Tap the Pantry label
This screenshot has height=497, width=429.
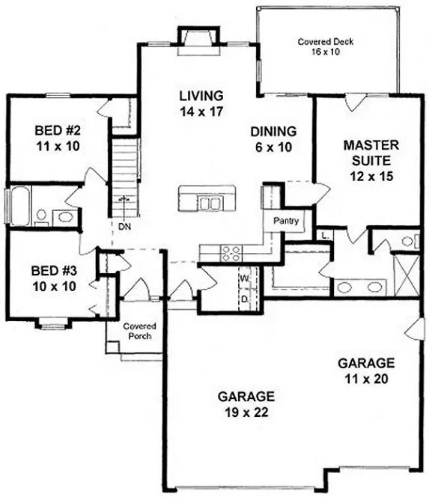[286, 221]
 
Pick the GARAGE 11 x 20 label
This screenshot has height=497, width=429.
[367, 371]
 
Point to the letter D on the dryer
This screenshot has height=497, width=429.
[244, 297]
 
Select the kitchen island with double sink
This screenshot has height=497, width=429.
[201, 201]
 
